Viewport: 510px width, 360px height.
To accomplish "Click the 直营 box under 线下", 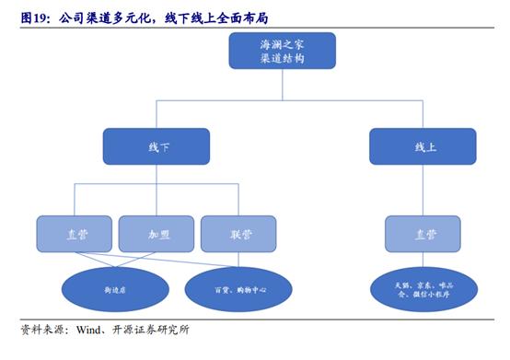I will [75, 234].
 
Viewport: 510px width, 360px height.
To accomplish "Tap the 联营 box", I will [238, 234].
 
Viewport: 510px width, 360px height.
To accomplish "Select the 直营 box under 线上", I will [423, 234].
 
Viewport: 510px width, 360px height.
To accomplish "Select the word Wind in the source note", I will [89, 330].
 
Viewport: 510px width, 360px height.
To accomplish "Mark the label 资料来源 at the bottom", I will [42, 330].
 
